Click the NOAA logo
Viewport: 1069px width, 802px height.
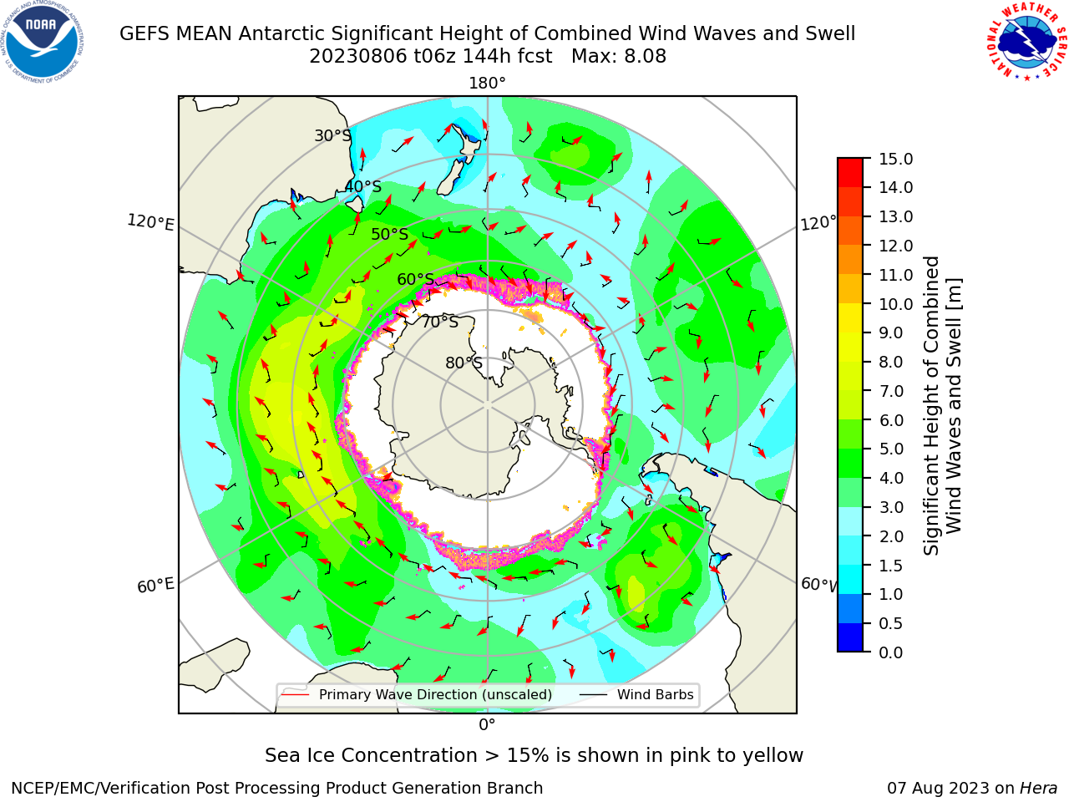click(x=43, y=42)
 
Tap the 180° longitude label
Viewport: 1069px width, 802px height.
click(x=487, y=84)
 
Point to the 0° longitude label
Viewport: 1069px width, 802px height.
click(x=487, y=725)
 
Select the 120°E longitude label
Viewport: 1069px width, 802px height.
click(x=150, y=222)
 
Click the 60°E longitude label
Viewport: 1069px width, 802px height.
click(x=155, y=586)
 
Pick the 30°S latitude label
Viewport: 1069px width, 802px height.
click(x=332, y=135)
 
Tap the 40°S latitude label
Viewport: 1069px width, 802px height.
click(x=363, y=186)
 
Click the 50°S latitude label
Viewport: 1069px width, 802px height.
click(x=390, y=234)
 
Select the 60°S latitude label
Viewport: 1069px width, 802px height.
click(x=415, y=280)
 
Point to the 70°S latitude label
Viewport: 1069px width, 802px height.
click(x=440, y=322)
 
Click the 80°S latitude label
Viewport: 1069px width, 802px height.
click(x=464, y=363)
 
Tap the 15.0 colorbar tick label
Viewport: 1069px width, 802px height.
click(x=895, y=159)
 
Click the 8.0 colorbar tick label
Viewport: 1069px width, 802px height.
click(x=891, y=363)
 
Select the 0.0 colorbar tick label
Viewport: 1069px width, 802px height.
click(x=891, y=652)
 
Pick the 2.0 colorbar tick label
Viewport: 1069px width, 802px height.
click(x=891, y=536)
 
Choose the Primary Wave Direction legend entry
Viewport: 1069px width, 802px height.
click(x=418, y=694)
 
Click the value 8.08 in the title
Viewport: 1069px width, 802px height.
click(x=645, y=56)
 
